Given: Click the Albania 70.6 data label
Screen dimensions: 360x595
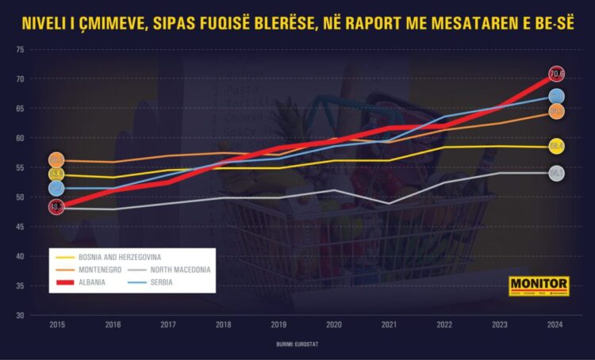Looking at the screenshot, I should [x=556, y=74].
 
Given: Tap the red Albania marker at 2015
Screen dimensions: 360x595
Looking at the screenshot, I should [x=57, y=207].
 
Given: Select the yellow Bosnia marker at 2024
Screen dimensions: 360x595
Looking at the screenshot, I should [x=556, y=146].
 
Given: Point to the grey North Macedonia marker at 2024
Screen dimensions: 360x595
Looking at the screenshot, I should [x=556, y=173].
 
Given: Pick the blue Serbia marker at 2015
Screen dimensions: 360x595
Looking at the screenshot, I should [x=57, y=188].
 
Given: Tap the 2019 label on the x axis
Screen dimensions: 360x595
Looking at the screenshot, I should [x=278, y=325].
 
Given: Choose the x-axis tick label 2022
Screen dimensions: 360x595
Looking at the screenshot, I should [x=445, y=325].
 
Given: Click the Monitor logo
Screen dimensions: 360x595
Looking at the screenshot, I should [x=539, y=286].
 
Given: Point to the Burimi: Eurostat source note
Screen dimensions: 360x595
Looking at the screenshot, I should [x=299, y=345].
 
